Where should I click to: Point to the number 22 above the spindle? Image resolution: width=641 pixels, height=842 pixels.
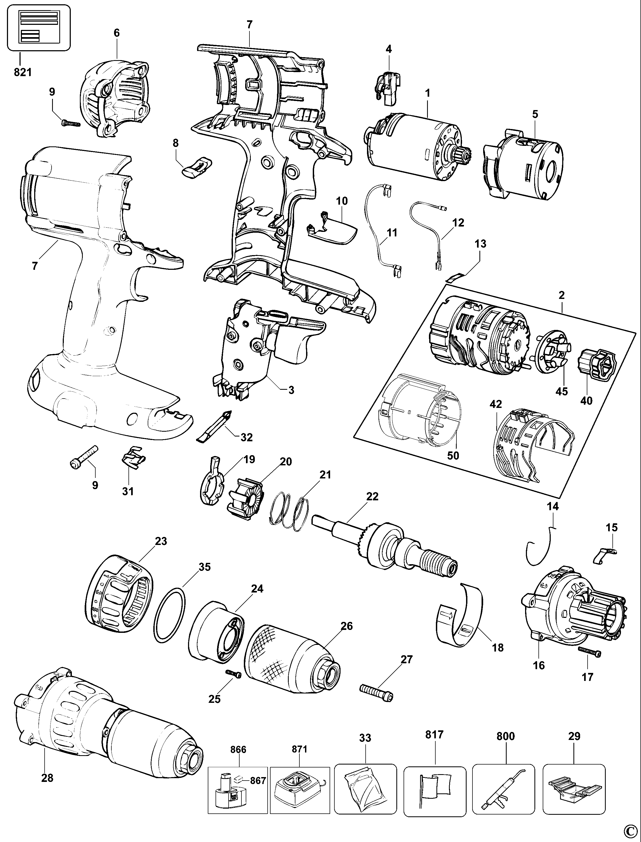(x=372, y=496)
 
